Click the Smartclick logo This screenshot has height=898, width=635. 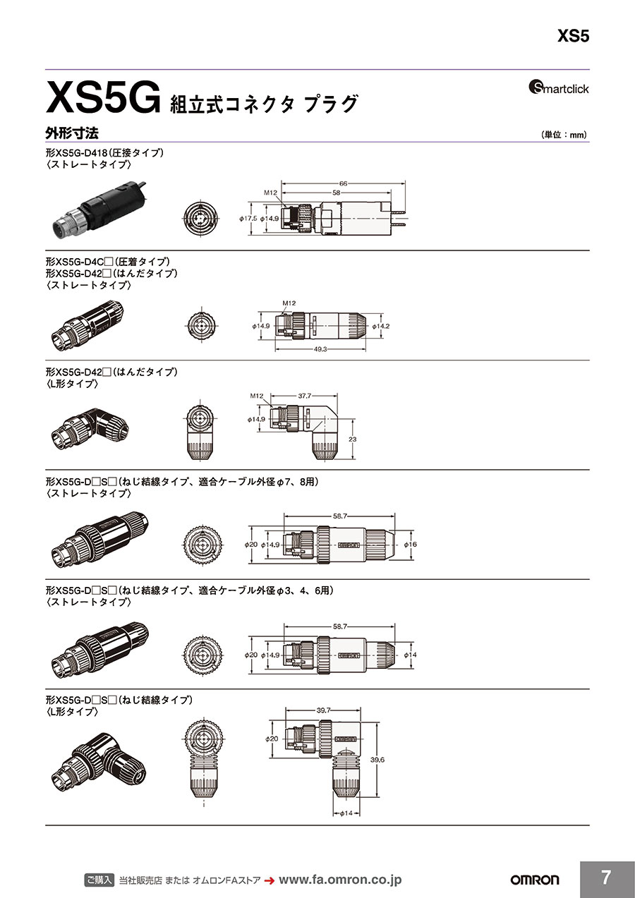tap(558, 88)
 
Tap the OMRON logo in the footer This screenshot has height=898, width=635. tap(534, 880)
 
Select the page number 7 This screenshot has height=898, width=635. tap(606, 878)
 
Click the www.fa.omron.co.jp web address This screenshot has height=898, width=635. tap(340, 880)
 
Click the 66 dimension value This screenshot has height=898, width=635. tap(344, 183)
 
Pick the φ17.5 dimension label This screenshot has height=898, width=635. tap(248, 219)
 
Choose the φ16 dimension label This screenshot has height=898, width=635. tap(411, 545)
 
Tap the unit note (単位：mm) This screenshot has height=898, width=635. tap(564, 135)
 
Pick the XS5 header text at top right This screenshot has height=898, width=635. tap(572, 37)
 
